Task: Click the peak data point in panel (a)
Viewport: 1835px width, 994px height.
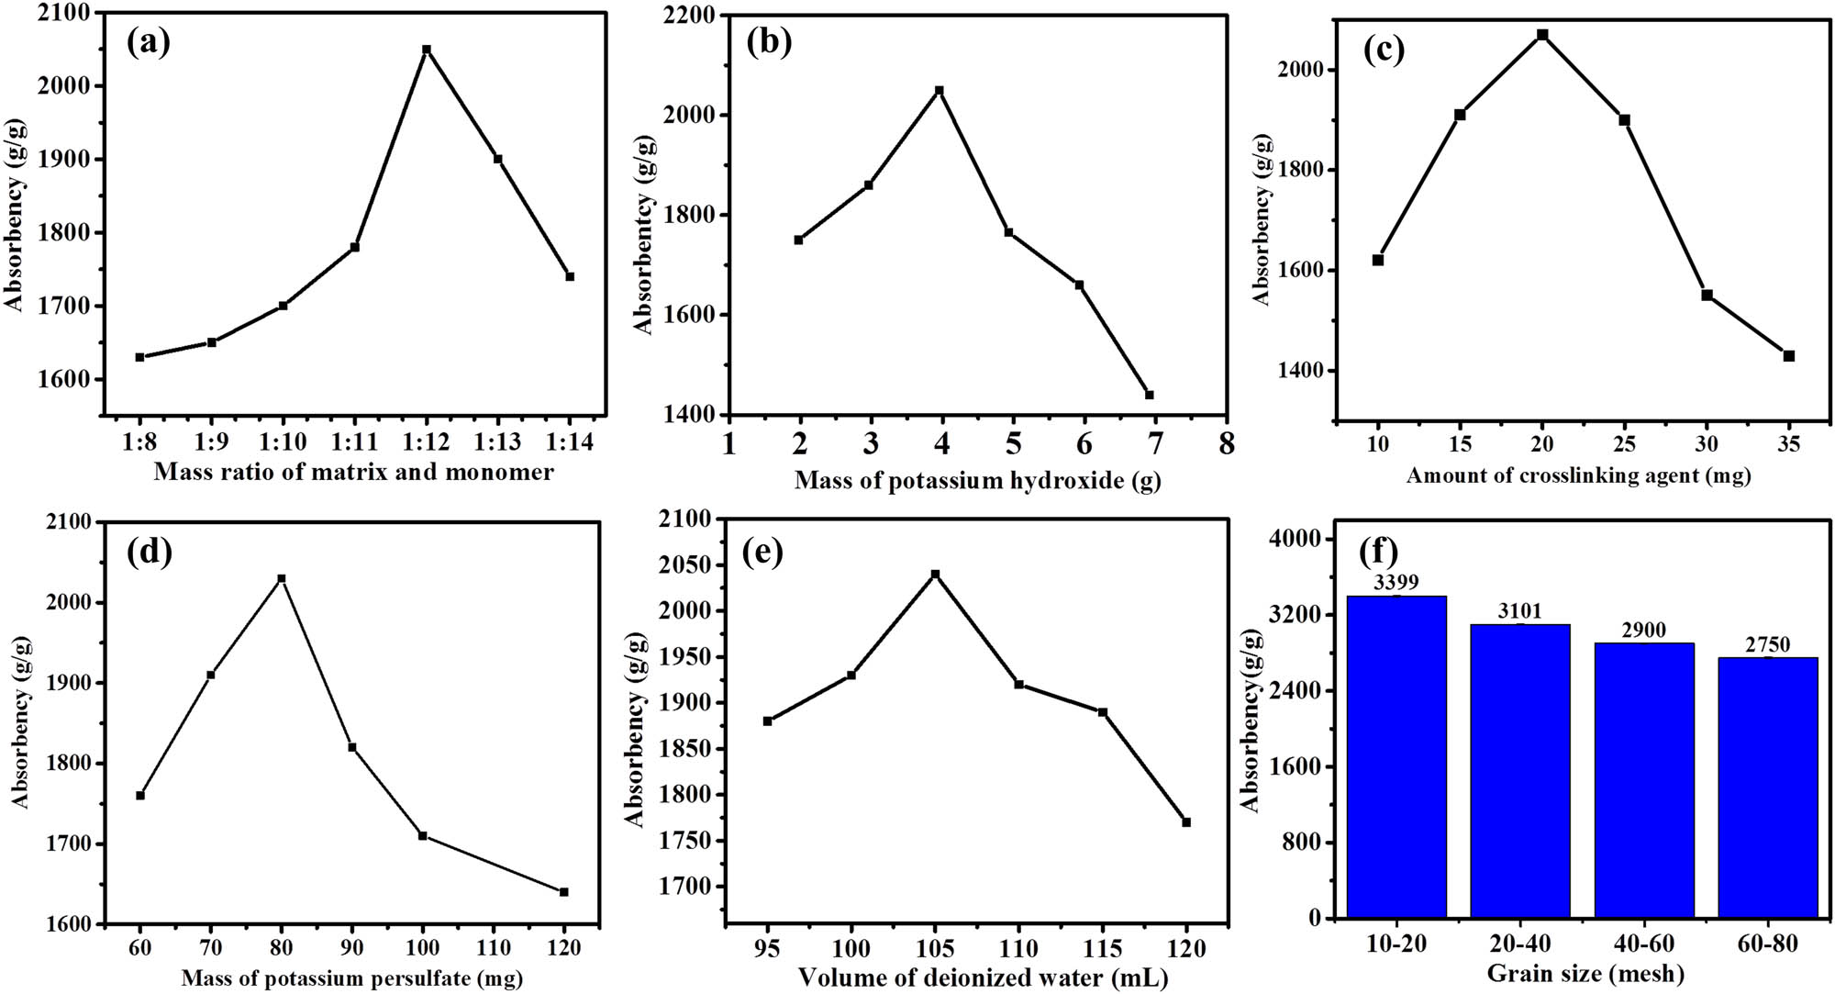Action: [427, 50]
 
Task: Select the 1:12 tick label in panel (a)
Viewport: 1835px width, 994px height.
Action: [427, 441]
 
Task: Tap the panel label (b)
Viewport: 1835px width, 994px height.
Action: [769, 43]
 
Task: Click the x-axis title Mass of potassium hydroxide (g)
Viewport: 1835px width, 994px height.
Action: [977, 480]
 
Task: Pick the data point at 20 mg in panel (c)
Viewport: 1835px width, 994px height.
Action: [1542, 35]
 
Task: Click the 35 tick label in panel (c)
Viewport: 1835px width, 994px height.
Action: [1788, 444]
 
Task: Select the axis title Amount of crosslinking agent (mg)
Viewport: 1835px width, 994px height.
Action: [1578, 475]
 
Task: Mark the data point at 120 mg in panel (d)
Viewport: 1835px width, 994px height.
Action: [564, 891]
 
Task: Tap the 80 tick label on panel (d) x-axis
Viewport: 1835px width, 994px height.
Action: [282, 946]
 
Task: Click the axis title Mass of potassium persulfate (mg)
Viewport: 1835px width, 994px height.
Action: [351, 978]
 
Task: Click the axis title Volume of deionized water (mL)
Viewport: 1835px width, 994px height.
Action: [983, 978]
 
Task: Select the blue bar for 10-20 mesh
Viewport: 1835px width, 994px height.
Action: [1396, 757]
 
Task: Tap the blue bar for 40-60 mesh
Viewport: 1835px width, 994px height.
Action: [1644, 780]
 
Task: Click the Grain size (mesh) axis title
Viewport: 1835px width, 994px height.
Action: [1585, 973]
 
